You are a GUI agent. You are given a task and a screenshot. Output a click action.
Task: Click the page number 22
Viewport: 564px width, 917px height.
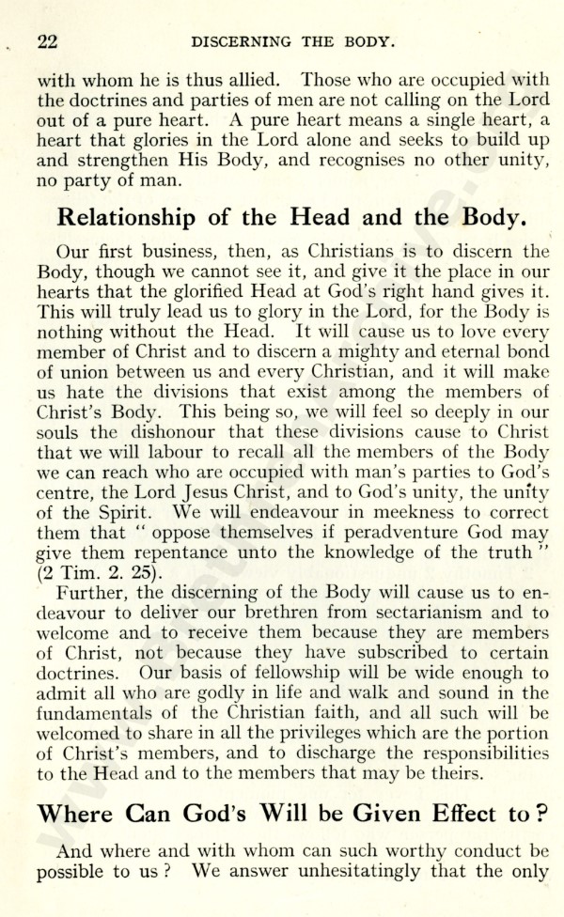point(48,41)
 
